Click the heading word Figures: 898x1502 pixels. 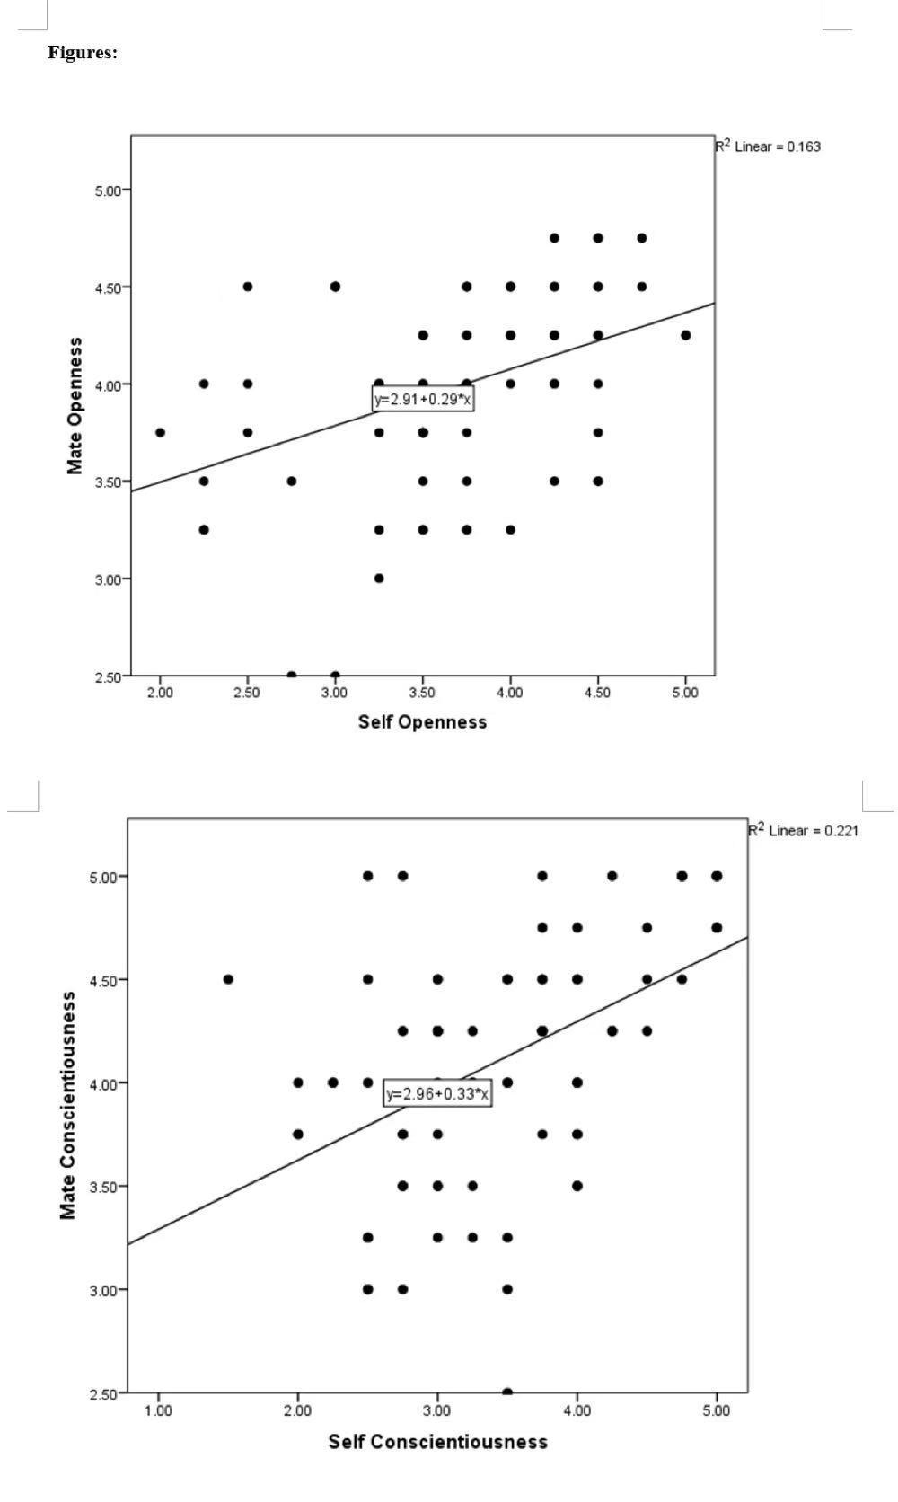point(83,53)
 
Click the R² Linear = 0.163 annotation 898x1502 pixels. point(768,146)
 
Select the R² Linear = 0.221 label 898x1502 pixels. point(804,830)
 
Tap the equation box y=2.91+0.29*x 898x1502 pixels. point(423,400)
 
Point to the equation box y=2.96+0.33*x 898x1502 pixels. point(438,1094)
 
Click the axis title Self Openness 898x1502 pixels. point(422,722)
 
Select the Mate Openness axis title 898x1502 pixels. point(75,405)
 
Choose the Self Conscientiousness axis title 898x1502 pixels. point(437,1442)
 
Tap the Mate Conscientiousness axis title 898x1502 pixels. point(68,1105)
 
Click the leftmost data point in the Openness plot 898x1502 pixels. point(160,432)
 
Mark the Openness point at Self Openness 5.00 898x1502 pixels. point(685,335)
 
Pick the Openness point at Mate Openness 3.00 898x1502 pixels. point(379,579)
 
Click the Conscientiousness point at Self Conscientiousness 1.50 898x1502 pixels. point(228,979)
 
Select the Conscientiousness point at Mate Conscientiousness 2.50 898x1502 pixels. point(507,1392)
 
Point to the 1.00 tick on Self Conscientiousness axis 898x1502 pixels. point(159,1410)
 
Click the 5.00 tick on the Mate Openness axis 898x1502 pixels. point(110,190)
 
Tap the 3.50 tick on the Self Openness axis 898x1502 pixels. point(422,693)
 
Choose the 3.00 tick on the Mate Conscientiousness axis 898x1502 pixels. point(103,1290)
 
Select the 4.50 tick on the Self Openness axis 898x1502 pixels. point(597,693)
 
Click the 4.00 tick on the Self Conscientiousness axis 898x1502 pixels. point(577,1410)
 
